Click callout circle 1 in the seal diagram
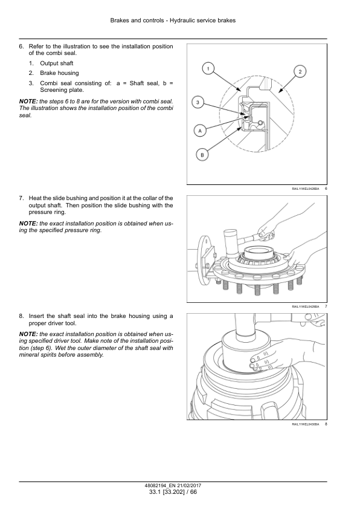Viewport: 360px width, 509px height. point(208,68)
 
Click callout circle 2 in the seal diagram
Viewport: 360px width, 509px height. point(300,71)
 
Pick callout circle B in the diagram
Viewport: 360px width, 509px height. point(202,155)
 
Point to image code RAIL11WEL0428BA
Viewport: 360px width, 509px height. point(305,189)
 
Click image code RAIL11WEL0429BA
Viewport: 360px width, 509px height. point(305,307)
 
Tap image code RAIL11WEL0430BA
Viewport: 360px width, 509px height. point(305,424)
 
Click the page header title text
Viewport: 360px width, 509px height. point(173,21)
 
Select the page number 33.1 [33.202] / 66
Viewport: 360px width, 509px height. point(173,491)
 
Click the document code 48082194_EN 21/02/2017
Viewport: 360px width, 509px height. point(173,485)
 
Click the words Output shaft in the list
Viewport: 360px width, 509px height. point(57,63)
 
